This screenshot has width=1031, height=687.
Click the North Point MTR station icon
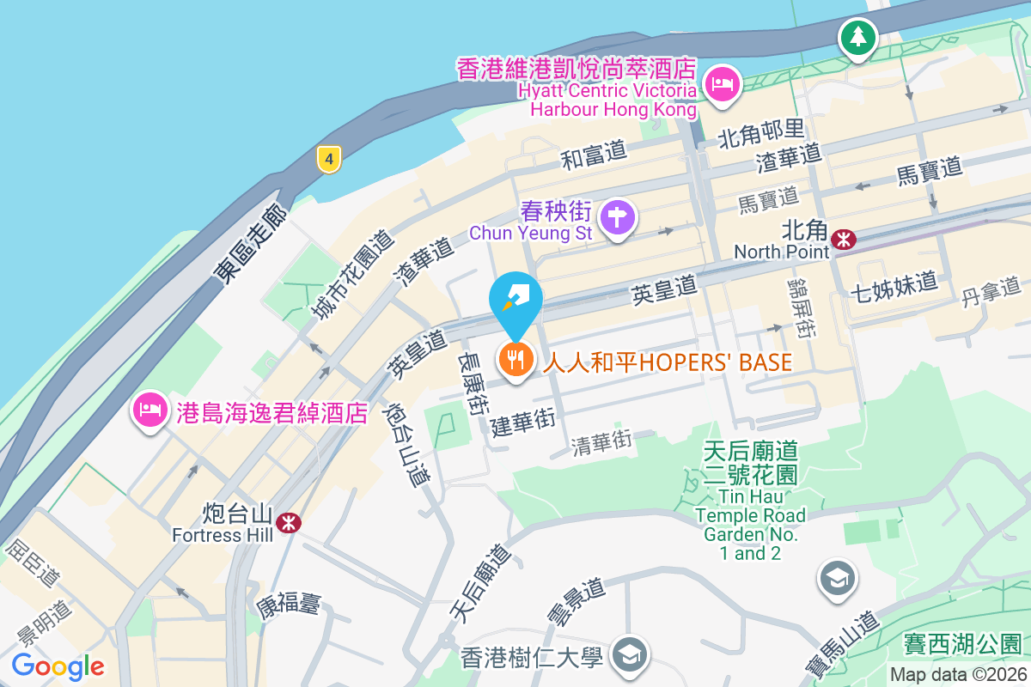tap(845, 239)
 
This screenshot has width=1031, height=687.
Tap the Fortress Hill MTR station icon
tap(289, 520)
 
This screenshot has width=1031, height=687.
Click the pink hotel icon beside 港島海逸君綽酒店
tap(149, 410)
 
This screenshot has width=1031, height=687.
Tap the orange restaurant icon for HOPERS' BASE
tap(515, 359)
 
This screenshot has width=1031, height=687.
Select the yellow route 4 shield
tap(328, 158)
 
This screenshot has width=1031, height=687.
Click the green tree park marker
tap(857, 36)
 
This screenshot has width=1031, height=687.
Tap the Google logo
tap(58, 666)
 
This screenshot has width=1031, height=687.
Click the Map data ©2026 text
tap(957, 675)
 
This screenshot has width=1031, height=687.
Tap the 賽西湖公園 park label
tap(962, 644)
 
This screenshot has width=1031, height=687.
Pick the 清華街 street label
tap(601, 442)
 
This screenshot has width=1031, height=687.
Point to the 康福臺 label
tap(288, 605)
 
